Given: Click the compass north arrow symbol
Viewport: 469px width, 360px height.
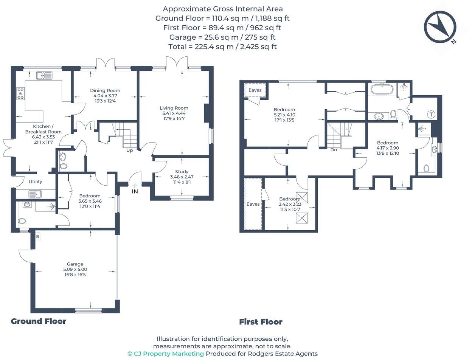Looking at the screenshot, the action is pyautogui.click(x=440, y=27).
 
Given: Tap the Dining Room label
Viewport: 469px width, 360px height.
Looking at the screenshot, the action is pyautogui.click(x=105, y=90).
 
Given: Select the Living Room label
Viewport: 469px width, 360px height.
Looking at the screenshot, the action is pyautogui.click(x=174, y=108).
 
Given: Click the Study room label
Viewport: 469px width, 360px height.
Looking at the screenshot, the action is pyautogui.click(x=182, y=172).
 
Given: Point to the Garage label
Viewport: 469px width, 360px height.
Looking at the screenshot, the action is pyautogui.click(x=75, y=264).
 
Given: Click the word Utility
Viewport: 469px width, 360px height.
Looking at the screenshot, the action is pyautogui.click(x=36, y=182).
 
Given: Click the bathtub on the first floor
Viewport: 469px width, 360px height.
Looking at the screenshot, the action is pyautogui.click(x=382, y=89).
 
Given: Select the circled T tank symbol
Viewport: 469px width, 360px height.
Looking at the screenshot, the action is pyautogui.click(x=431, y=114).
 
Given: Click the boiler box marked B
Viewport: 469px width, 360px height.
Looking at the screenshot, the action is pyautogui.click(x=38, y=237).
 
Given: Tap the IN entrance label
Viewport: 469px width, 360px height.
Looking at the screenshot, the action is pyautogui.click(x=135, y=192).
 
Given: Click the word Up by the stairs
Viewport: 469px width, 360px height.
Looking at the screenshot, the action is pyautogui.click(x=129, y=151).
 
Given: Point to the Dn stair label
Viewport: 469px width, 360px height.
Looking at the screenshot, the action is pyautogui.click(x=334, y=150).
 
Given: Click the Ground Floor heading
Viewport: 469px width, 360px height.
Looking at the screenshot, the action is pyautogui.click(x=39, y=321).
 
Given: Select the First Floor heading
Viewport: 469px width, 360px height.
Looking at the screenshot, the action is pyautogui.click(x=261, y=322).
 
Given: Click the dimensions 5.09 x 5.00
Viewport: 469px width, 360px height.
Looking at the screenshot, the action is pyautogui.click(x=75, y=269).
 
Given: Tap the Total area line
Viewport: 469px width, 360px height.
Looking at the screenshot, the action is pyautogui.click(x=222, y=47).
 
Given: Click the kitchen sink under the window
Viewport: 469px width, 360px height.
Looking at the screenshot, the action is pyautogui.click(x=44, y=76).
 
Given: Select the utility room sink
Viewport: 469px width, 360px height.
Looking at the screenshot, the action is pyautogui.click(x=35, y=194).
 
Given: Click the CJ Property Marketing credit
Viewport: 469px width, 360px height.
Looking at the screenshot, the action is pyautogui.click(x=166, y=354).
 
